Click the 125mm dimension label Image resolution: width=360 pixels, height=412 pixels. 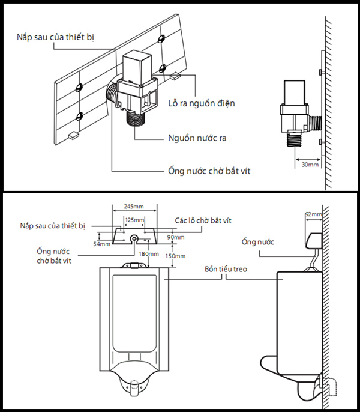[135, 220]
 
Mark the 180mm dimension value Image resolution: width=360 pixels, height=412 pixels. [148, 254]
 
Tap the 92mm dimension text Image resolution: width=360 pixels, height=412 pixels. [313, 214]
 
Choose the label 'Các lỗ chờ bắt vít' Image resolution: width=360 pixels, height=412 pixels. [203, 220]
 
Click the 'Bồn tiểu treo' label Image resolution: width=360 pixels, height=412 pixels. [224, 270]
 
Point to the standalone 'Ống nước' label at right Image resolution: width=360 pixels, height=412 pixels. [257, 242]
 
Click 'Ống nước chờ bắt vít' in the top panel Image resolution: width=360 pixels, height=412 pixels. [209, 171]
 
